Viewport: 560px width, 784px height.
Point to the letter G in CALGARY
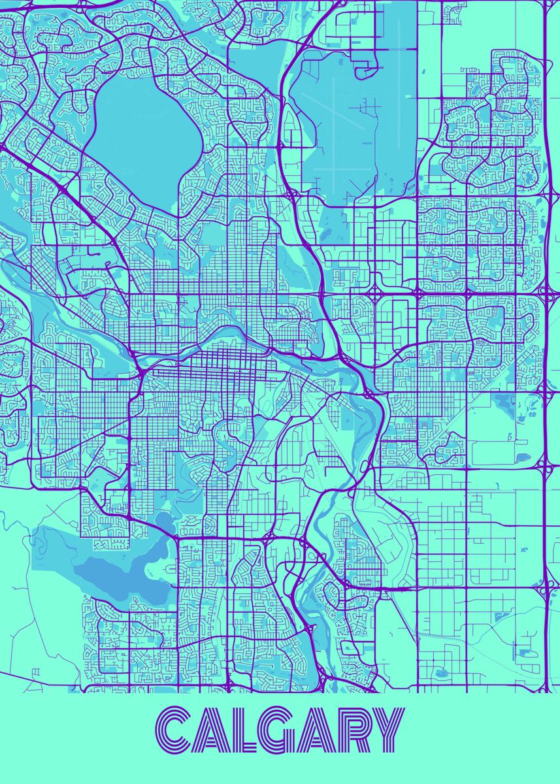pos(277,730)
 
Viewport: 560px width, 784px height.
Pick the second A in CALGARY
pos(315,730)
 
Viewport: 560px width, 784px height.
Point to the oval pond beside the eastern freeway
pos(522,457)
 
